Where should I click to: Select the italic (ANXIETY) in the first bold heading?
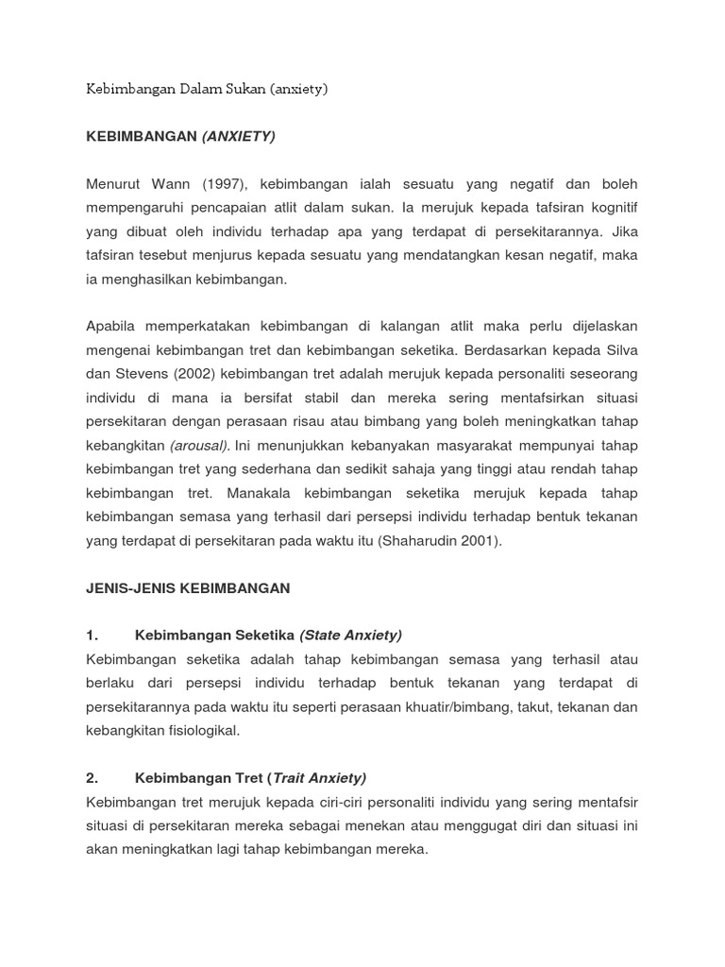click(238, 136)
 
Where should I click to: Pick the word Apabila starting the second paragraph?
click(111, 326)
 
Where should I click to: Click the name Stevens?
click(138, 373)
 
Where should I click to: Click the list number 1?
click(92, 635)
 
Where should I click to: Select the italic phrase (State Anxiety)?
click(350, 635)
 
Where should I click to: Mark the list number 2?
click(92, 778)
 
